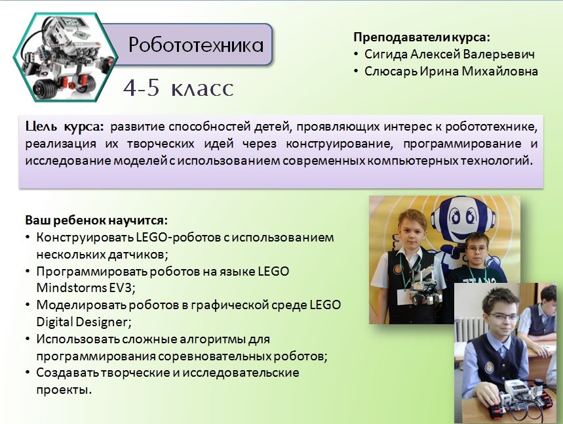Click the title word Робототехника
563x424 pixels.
[x=196, y=45]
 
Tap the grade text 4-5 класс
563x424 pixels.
[x=178, y=88]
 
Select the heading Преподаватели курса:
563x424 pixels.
[x=422, y=37]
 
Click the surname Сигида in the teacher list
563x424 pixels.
[x=386, y=54]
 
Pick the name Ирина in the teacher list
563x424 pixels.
[x=439, y=71]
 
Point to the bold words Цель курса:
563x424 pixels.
[x=64, y=127]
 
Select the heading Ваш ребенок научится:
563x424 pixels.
[x=96, y=220]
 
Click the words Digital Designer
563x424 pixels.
[x=84, y=322]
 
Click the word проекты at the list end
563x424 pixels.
[x=64, y=390]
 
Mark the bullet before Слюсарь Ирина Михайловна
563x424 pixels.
[x=356, y=72]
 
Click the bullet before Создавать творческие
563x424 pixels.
[x=28, y=373]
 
